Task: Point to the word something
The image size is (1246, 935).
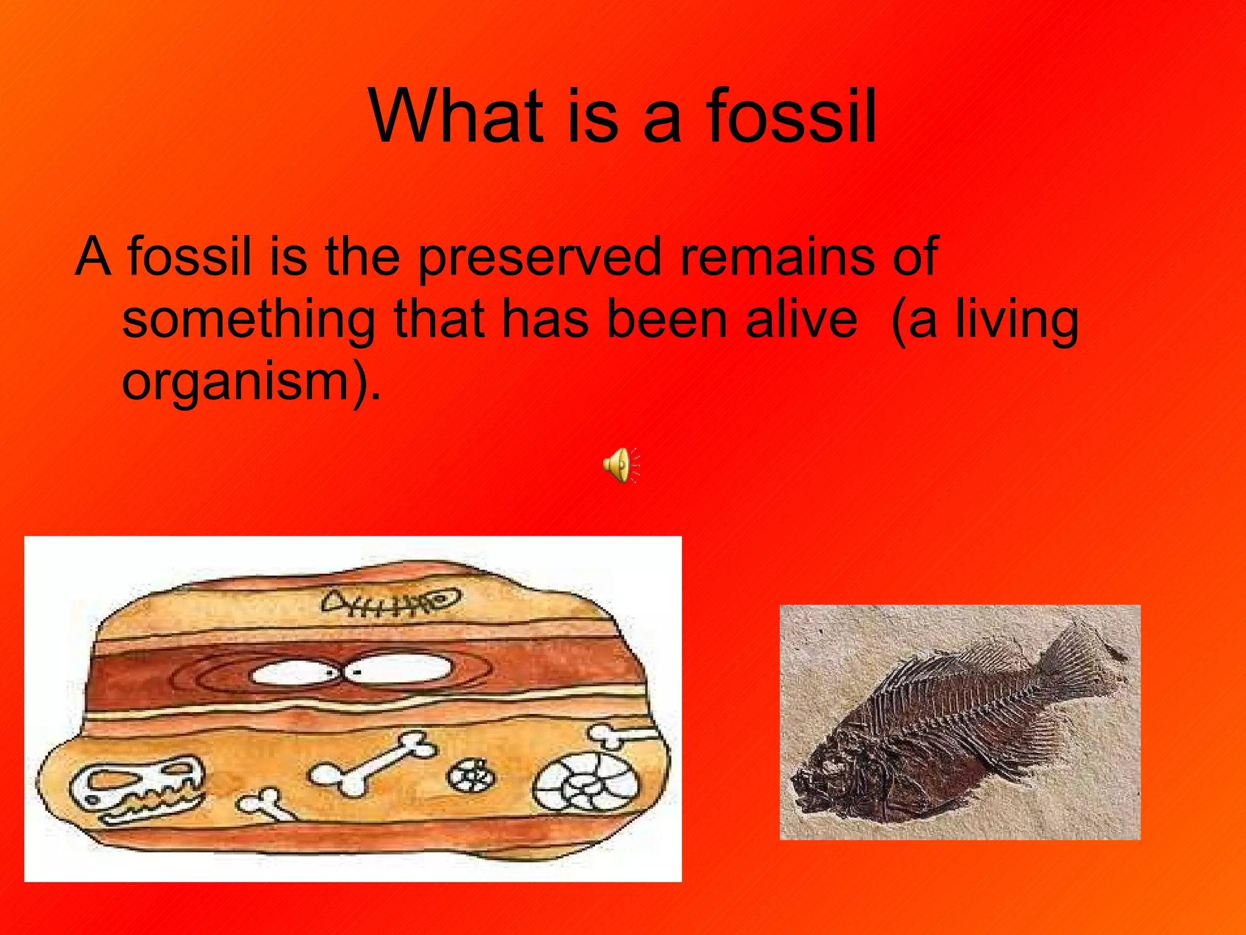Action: [x=248, y=321]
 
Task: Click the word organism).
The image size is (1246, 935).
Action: [x=251, y=382]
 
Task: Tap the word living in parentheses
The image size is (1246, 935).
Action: [x=1017, y=321]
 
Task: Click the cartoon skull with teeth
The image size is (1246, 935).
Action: [x=137, y=788]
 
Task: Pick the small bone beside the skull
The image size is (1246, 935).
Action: [x=266, y=804]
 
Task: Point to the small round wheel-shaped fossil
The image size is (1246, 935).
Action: [x=472, y=776]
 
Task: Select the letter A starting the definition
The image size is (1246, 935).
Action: [x=93, y=257]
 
